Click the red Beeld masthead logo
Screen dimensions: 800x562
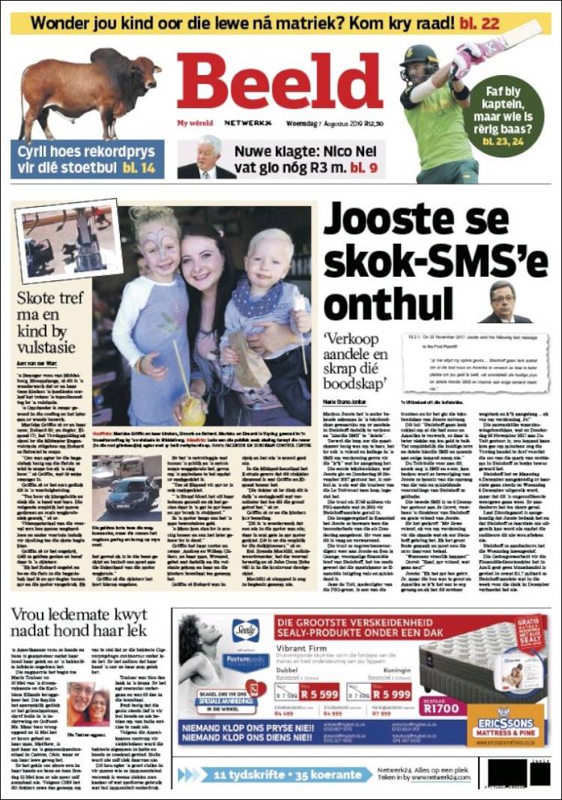coord(280,82)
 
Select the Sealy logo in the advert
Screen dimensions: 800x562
coord(246,630)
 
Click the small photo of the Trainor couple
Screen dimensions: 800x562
coord(87,704)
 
